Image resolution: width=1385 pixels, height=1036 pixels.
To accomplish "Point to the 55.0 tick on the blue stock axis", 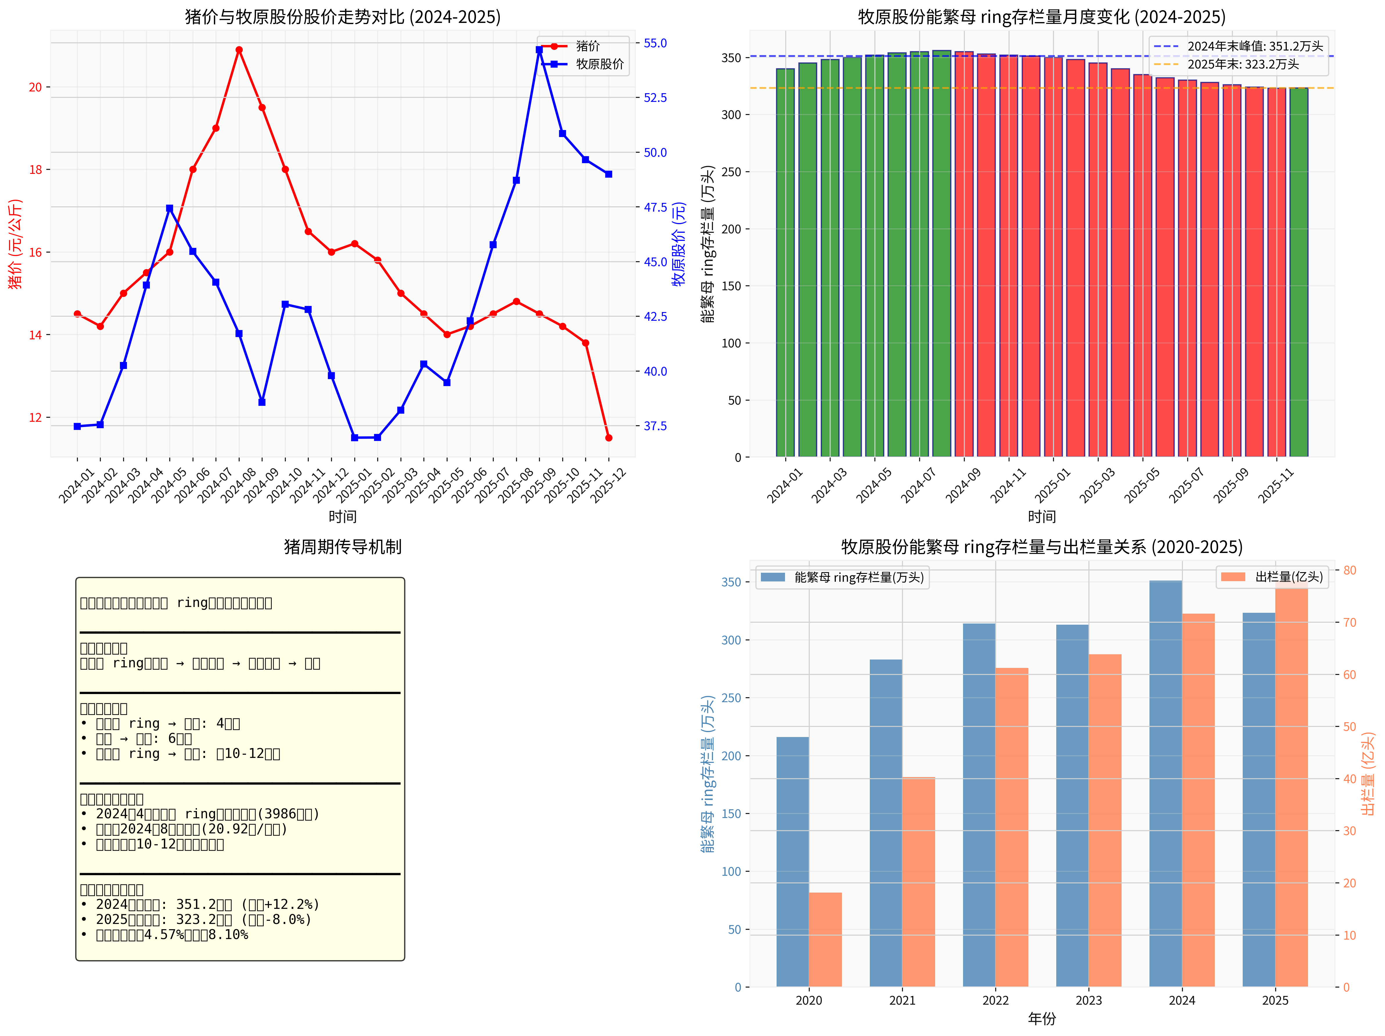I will click(x=655, y=43).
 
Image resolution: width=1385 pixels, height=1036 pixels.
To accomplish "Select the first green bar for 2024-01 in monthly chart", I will click(x=785, y=263).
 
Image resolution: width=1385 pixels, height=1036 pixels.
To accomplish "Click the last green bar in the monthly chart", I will click(x=1298, y=272).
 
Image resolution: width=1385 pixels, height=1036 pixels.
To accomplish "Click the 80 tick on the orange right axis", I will click(x=1350, y=570).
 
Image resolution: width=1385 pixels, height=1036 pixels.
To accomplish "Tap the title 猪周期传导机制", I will click(x=342, y=547).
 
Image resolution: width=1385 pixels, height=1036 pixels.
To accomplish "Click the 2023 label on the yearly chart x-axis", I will click(x=1089, y=1000).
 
